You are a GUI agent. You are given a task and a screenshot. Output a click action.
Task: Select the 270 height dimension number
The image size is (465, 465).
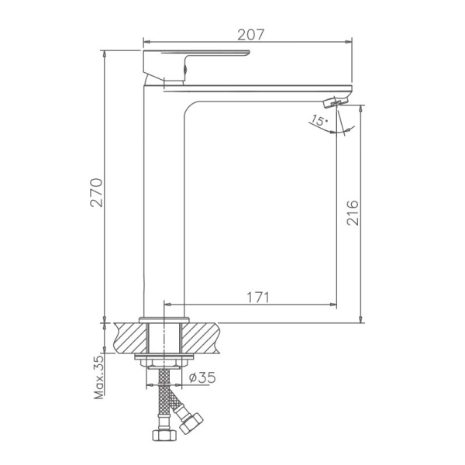click(x=97, y=194)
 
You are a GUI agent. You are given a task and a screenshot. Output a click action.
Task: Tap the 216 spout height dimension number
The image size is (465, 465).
click(x=353, y=212)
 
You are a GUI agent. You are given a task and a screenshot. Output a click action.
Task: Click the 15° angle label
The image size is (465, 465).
click(x=318, y=120)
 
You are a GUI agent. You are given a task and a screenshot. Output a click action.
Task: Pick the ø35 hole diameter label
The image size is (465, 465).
click(x=202, y=378)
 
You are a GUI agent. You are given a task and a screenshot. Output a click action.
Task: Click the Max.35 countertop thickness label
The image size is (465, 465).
click(x=99, y=377)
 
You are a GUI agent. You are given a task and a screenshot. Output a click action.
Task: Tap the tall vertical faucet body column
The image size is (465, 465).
click(x=164, y=201)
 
